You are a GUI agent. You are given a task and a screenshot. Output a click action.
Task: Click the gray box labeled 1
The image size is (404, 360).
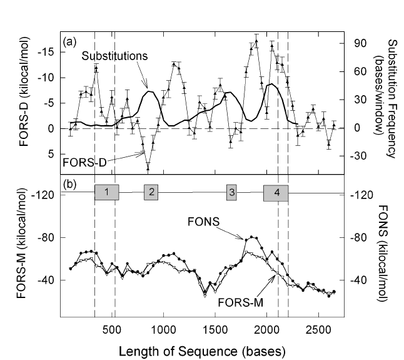tap(107, 192)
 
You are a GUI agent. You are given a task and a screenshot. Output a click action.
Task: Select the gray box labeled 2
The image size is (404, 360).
tap(151, 192)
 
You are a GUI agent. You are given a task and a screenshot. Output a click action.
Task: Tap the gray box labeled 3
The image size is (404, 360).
tap(231, 192)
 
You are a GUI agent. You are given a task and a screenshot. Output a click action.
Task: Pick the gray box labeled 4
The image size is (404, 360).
tap(276, 192)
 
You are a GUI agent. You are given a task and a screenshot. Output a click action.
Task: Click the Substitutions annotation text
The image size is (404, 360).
tap(116, 55)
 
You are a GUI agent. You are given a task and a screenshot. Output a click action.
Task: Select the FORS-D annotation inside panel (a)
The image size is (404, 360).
tap(84, 162)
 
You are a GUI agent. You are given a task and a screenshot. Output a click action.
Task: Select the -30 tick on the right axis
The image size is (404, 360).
tap(362, 157)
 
